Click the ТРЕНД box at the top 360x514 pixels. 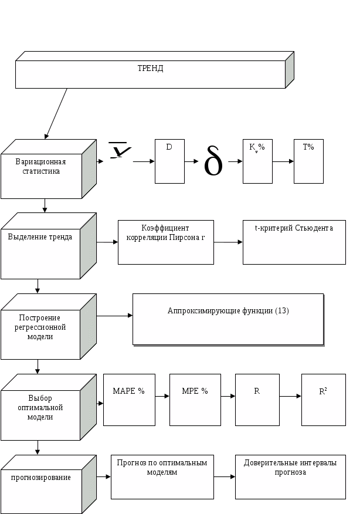click(150, 74)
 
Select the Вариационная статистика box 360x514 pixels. click(40, 169)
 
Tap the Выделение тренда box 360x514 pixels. click(40, 246)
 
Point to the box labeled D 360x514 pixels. click(169, 161)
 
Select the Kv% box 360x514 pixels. click(257, 161)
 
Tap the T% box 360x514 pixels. click(308, 161)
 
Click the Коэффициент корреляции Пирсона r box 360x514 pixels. click(166, 242)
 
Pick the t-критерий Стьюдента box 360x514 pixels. click(294, 242)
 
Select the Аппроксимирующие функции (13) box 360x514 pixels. click(228, 319)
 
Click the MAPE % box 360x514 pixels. click(129, 400)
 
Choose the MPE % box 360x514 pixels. click(195, 400)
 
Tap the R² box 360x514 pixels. click(323, 400)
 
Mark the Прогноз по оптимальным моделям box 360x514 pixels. click(162, 477)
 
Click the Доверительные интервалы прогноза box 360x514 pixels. click(290, 477)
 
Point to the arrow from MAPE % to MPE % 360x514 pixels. click(162, 397)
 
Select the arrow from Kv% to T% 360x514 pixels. click(283, 161)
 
